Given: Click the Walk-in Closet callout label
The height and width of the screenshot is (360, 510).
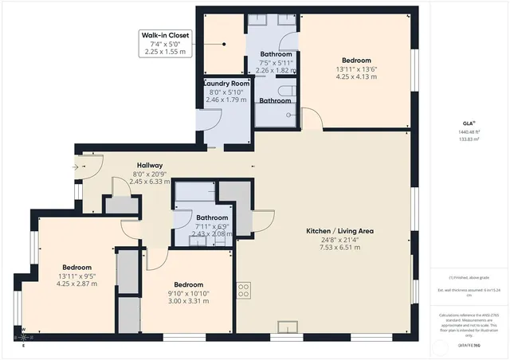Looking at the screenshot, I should [164, 35].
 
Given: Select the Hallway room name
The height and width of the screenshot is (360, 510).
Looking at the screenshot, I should [150, 165].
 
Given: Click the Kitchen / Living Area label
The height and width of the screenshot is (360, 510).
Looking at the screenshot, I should [340, 231].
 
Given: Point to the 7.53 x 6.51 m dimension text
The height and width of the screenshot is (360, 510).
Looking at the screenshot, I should [340, 248].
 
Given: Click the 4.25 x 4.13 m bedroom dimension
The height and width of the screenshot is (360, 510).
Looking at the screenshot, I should [358, 77].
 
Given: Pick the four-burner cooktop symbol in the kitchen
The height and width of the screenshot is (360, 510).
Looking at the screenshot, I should [244, 290].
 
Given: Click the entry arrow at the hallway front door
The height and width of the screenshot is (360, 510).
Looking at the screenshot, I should [76, 167].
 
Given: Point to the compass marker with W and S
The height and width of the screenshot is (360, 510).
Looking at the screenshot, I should [23, 335].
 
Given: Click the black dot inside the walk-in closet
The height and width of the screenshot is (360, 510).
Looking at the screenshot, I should [225, 45].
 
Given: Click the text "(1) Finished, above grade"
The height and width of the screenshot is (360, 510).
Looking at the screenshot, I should [468, 277].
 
